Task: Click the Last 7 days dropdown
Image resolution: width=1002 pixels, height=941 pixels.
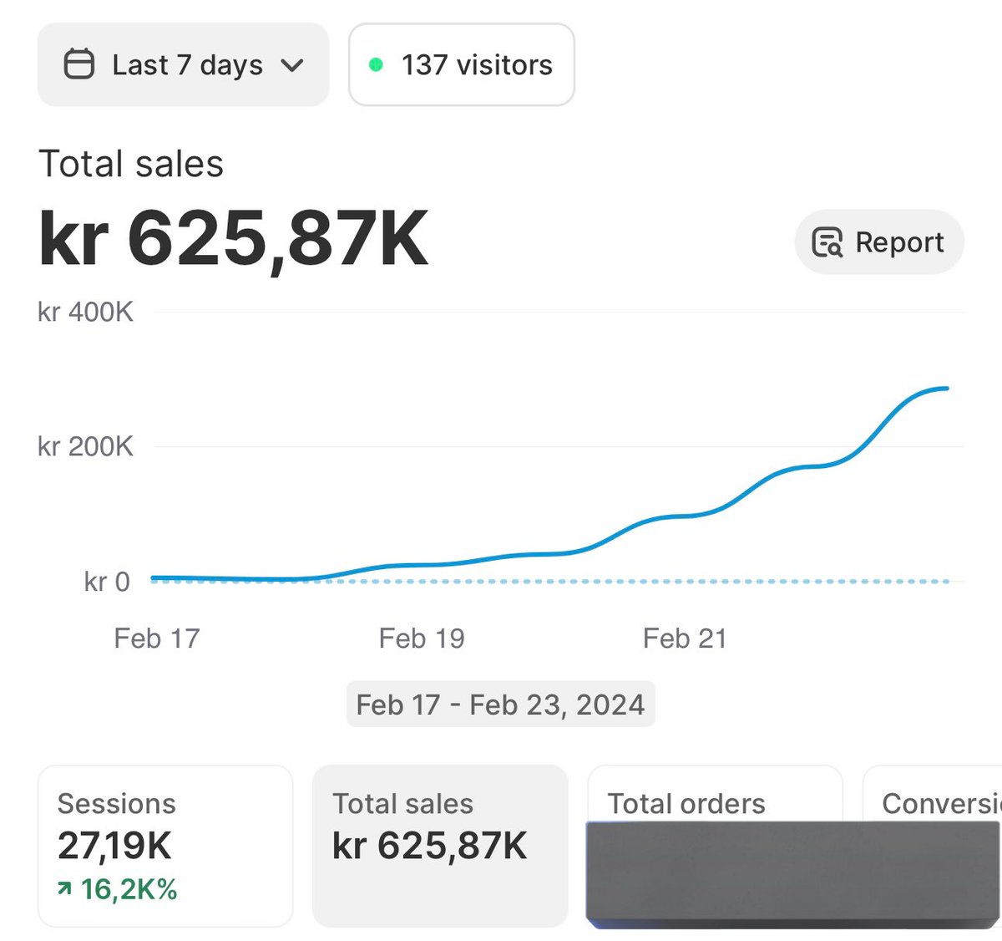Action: tap(184, 64)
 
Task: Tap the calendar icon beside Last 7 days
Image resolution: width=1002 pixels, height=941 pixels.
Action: tap(79, 64)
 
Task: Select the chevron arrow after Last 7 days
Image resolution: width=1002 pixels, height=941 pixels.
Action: tap(292, 65)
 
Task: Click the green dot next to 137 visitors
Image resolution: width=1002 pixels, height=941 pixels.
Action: tap(376, 64)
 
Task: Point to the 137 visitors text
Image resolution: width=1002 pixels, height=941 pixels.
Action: tap(477, 64)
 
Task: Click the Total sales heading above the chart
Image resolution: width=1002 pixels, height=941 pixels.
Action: tap(131, 164)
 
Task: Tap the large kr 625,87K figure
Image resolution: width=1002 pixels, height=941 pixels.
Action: tap(234, 239)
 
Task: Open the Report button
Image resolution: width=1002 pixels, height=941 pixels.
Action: tap(879, 242)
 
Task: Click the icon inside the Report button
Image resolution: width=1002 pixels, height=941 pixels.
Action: tap(827, 242)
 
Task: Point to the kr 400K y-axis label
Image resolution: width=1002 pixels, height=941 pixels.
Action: tap(85, 313)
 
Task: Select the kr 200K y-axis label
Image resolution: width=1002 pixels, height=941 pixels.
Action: tap(85, 446)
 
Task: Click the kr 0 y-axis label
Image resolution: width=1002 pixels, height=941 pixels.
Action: tap(107, 582)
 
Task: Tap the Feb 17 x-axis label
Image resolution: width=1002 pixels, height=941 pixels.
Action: tap(157, 638)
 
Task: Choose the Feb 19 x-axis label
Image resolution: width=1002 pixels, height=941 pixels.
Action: tap(422, 638)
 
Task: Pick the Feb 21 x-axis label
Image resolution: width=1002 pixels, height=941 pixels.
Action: tap(685, 638)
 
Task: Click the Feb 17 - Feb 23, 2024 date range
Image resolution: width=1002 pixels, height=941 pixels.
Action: tap(500, 704)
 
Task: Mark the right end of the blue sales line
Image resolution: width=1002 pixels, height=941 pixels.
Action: tap(946, 389)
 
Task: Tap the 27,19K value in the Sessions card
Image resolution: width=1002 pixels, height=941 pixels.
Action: tap(114, 846)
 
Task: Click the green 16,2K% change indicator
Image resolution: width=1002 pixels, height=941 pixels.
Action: tap(118, 889)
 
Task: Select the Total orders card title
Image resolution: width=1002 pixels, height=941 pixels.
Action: tap(686, 803)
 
